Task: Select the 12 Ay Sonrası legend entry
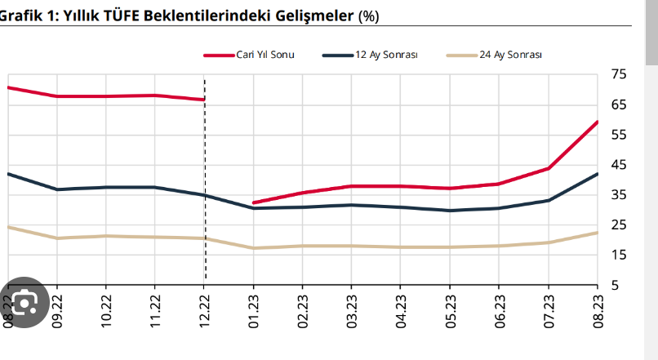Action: pos(386,55)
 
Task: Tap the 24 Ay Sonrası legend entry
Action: pos(510,55)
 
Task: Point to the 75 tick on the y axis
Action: pos(619,75)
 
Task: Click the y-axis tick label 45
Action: pos(619,165)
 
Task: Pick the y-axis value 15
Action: pos(619,256)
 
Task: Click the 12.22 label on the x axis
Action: pos(204,310)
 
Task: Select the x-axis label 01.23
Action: pos(253,310)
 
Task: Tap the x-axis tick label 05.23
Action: pos(450,310)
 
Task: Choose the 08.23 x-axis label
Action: pos(598,310)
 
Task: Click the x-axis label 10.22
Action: pos(106,310)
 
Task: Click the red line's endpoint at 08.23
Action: pos(598,122)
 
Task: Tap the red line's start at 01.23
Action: pos(254,202)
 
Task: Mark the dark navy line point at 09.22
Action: pos(57,189)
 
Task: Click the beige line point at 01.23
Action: pos(253,248)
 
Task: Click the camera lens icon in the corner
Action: pos(24,304)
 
